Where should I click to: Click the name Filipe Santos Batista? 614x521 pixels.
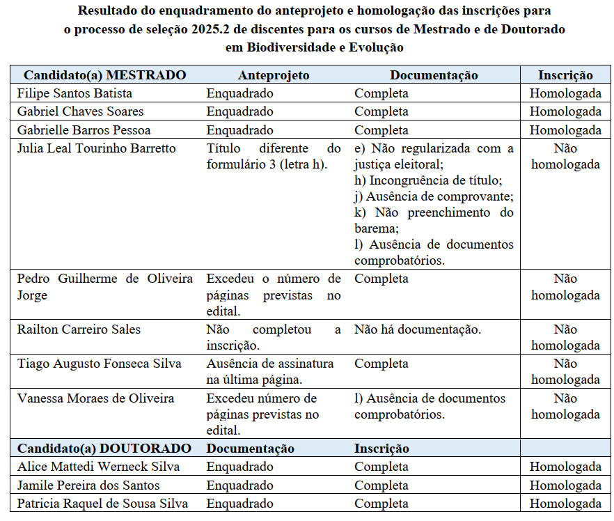click(x=74, y=93)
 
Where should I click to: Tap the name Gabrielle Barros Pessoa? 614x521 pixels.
click(x=84, y=130)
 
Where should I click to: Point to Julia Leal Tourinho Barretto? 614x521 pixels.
click(x=97, y=148)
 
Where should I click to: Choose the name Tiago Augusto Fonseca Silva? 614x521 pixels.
click(x=99, y=364)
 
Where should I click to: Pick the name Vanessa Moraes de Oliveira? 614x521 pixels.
click(x=95, y=398)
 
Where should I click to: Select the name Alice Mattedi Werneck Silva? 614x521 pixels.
click(x=98, y=467)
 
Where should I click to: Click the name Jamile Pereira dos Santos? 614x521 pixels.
click(x=88, y=485)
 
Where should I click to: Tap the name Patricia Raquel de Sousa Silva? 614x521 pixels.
click(x=102, y=504)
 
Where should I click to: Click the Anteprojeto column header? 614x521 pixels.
click(x=274, y=75)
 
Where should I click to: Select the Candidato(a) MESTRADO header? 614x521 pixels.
click(x=105, y=75)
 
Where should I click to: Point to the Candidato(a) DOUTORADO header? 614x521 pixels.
click(x=104, y=449)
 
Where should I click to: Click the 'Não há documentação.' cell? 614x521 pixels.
click(x=418, y=329)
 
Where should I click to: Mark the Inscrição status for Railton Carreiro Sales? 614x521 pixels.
click(x=565, y=337)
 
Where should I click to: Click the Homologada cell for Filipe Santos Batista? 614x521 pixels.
click(x=565, y=93)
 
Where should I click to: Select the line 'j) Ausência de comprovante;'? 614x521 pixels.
click(x=434, y=196)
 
